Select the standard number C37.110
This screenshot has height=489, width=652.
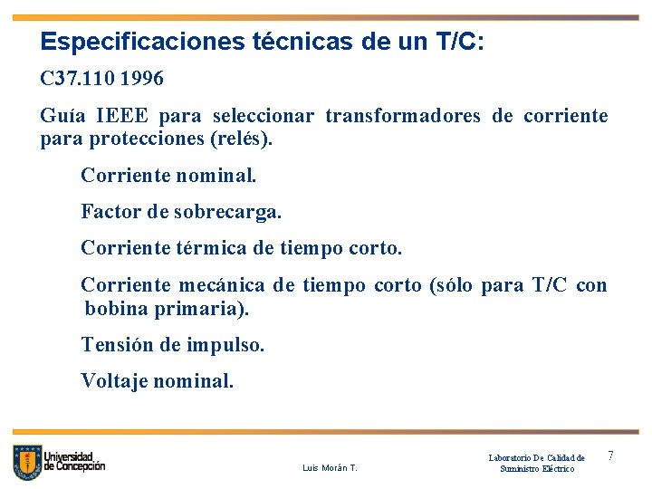pyautogui.click(x=78, y=80)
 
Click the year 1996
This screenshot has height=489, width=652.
pyautogui.click(x=143, y=80)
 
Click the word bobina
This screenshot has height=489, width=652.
pyautogui.click(x=115, y=309)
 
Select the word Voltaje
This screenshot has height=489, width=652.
pyautogui.click(x=114, y=381)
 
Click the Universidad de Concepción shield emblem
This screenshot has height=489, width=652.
pyautogui.click(x=27, y=462)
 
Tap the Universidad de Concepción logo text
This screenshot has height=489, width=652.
pyautogui.click(x=74, y=461)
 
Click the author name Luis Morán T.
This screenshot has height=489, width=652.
pyautogui.click(x=330, y=468)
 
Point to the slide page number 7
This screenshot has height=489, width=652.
pyautogui.click(x=610, y=455)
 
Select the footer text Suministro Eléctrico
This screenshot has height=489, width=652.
pyautogui.click(x=537, y=468)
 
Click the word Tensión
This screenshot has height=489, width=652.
pyautogui.click(x=115, y=345)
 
